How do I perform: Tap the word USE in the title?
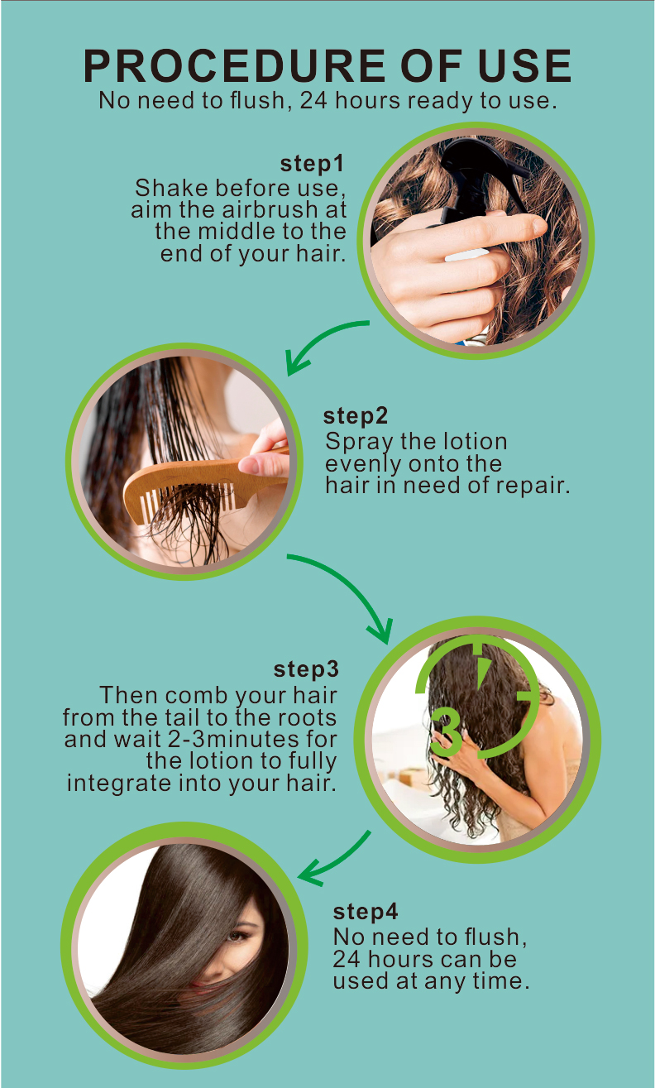(524, 65)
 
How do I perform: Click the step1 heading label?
(313, 164)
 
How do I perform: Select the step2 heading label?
(356, 416)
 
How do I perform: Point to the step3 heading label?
(306, 669)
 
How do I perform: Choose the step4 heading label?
(366, 912)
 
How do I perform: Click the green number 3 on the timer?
(446, 732)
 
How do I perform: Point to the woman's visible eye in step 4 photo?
(237, 936)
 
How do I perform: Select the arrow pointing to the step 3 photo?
(351, 582)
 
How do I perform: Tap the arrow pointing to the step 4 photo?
(335, 859)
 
